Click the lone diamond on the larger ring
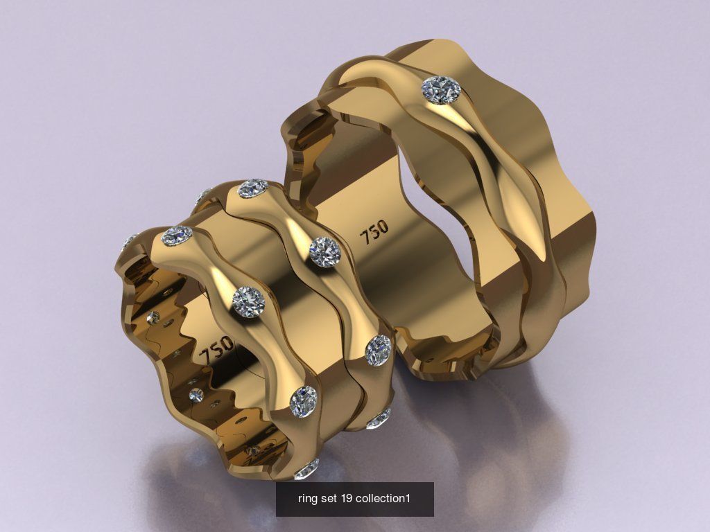point(442,90)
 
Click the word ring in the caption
point(306,499)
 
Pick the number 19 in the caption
point(347,499)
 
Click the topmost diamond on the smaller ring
point(253,188)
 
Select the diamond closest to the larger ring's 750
point(324,251)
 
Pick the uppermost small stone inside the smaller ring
point(153,318)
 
